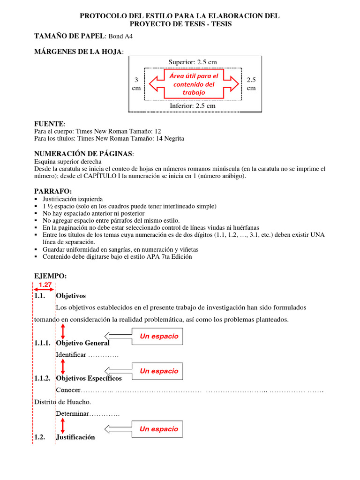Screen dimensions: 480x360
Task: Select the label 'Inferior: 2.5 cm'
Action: point(193,105)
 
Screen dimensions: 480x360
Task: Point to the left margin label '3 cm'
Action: point(136,84)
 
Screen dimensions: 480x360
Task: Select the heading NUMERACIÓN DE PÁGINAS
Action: point(83,154)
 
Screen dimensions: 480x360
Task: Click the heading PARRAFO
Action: point(53,191)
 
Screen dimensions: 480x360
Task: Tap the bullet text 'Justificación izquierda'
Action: point(73,199)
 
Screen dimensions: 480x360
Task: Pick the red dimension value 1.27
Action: point(45,285)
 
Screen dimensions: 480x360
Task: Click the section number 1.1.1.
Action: point(43,343)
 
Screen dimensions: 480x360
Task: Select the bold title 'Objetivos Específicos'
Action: point(89,378)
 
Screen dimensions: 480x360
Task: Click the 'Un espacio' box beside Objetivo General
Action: point(159,336)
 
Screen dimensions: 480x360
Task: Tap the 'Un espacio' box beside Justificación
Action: point(159,429)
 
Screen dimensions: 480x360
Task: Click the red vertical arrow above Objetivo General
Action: point(63,330)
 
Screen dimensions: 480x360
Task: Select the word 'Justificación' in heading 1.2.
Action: point(75,437)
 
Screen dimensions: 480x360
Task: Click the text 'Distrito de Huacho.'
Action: point(62,402)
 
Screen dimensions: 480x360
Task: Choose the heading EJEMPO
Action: point(51,277)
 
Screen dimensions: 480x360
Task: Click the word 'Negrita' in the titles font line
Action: point(173,139)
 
